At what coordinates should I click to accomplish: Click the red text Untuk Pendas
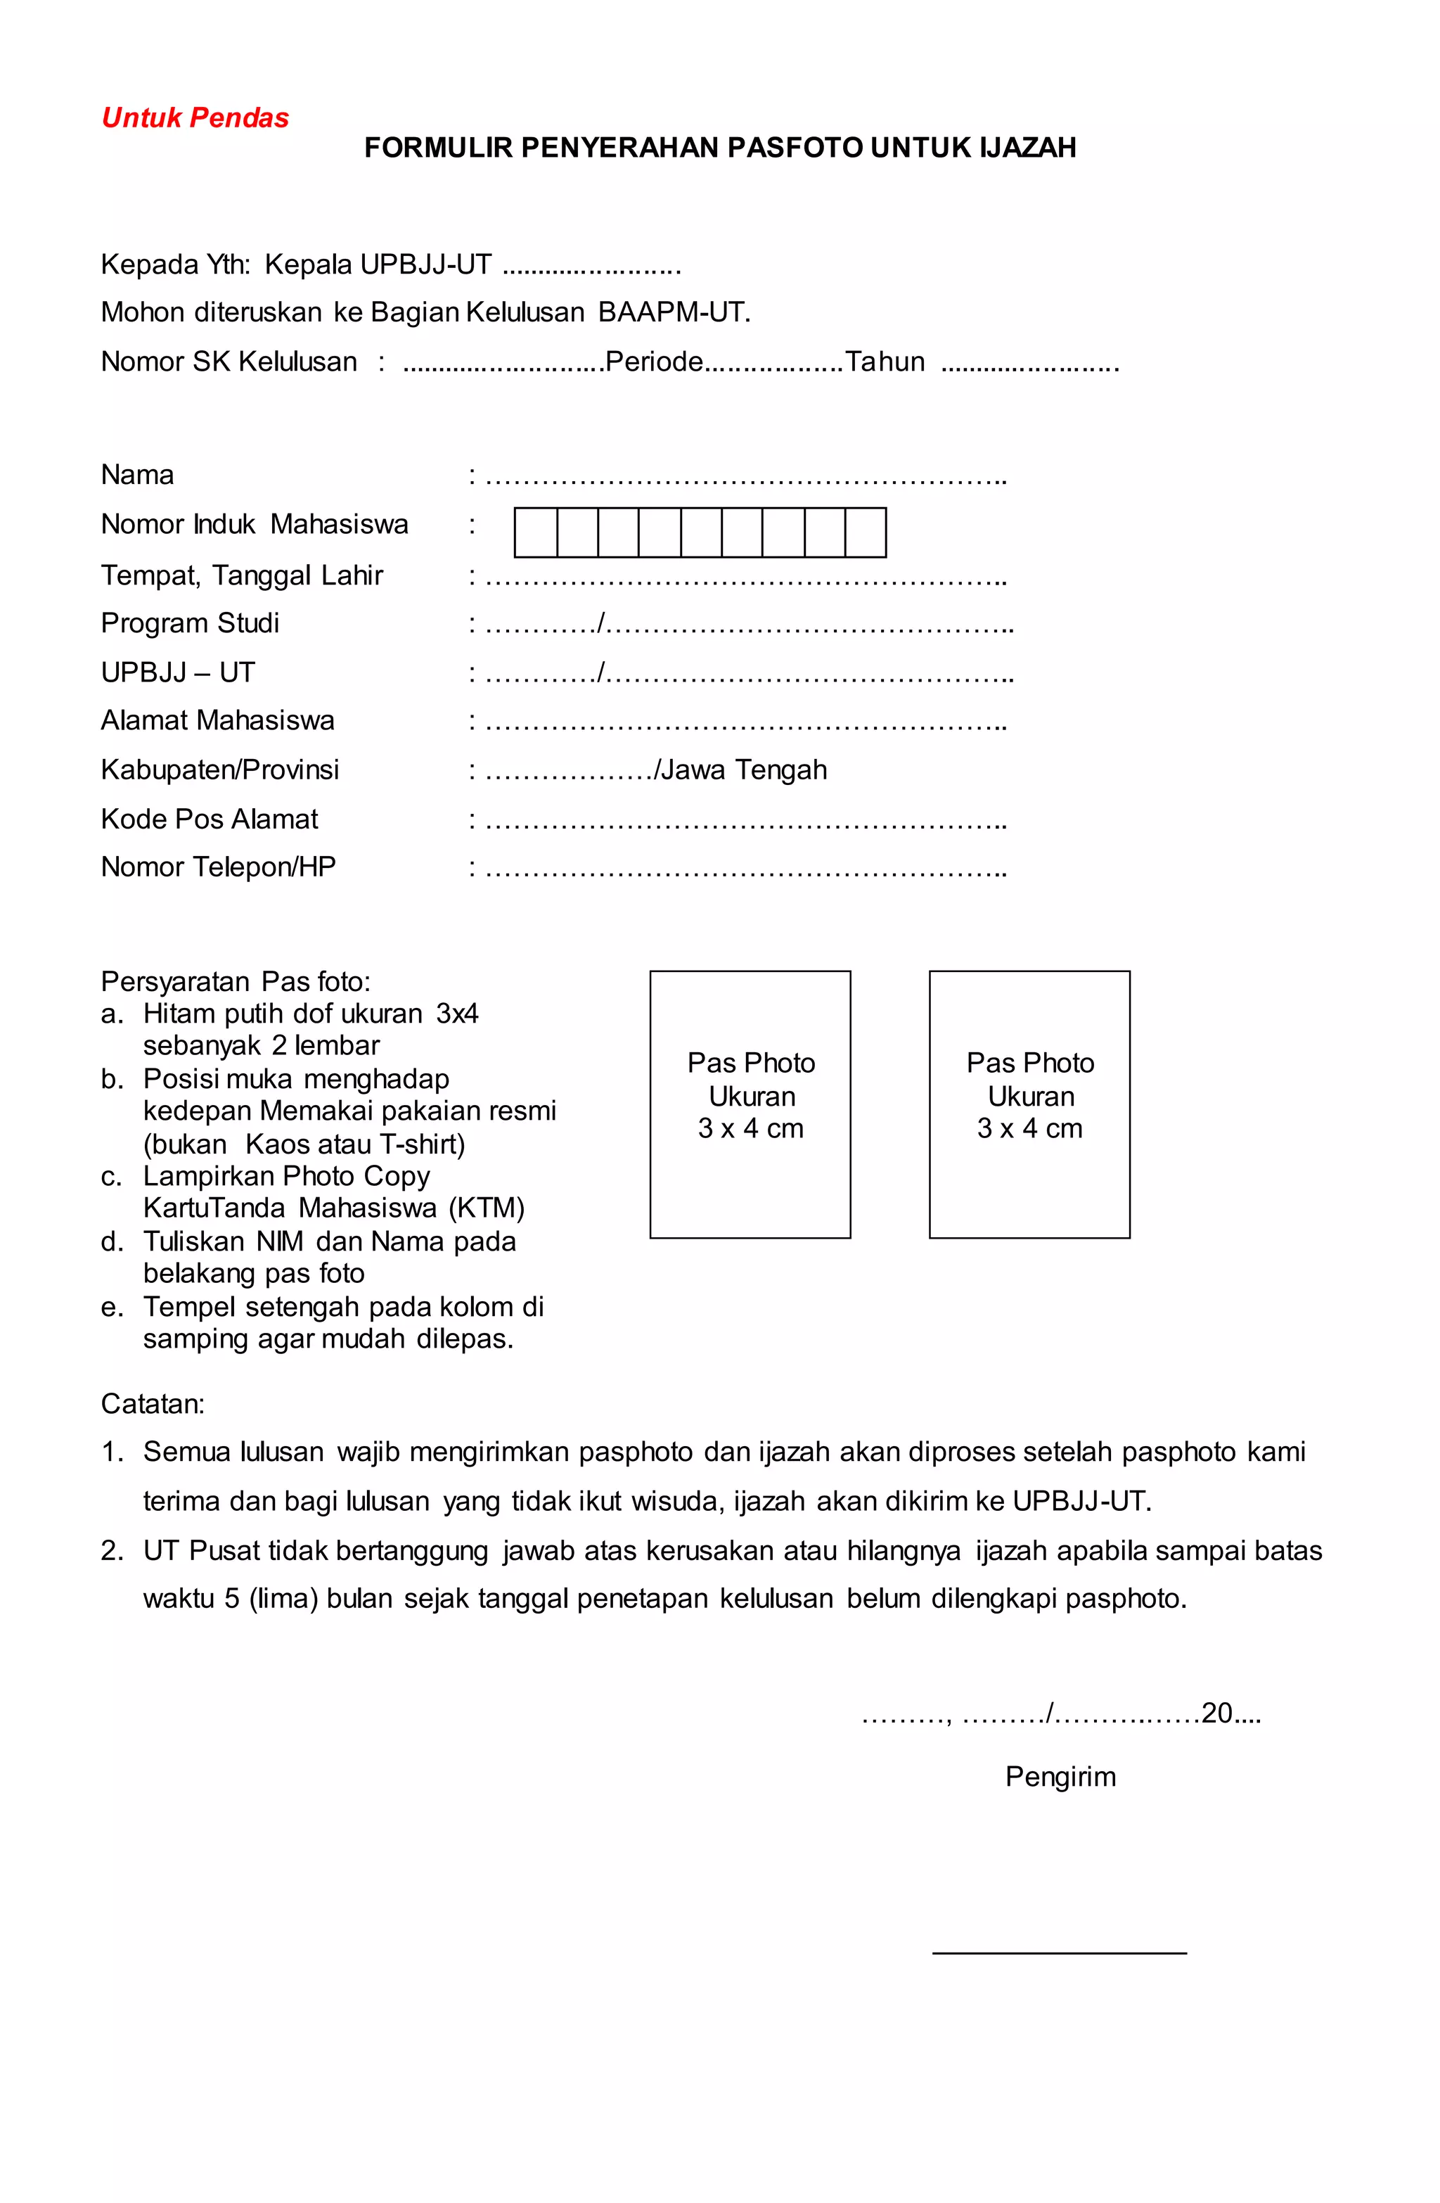pyautogui.click(x=195, y=117)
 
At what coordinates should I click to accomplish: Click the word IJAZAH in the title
pyautogui.click(x=1027, y=148)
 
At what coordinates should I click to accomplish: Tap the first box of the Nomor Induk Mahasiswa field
pyautogui.click(x=535, y=532)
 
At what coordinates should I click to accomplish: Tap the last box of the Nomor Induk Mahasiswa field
pyautogui.click(x=866, y=532)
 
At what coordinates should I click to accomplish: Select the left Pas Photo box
pyautogui.click(x=750, y=1104)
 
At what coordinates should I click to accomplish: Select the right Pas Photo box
pyautogui.click(x=1029, y=1104)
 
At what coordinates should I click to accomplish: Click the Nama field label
pyautogui.click(x=137, y=475)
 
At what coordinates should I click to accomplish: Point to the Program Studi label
pyautogui.click(x=190, y=623)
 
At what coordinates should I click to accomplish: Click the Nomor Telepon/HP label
pyautogui.click(x=219, y=867)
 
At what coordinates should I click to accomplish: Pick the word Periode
pyautogui.click(x=655, y=362)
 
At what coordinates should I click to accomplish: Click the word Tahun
pyautogui.click(x=885, y=362)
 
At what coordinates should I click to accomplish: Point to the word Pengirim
pyautogui.click(x=1060, y=1776)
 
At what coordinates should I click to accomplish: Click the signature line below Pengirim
pyautogui.click(x=1059, y=1952)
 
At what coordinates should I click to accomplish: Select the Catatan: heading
pyautogui.click(x=153, y=1403)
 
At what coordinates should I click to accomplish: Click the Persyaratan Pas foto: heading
pyautogui.click(x=235, y=981)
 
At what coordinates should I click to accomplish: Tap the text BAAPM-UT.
pyautogui.click(x=674, y=312)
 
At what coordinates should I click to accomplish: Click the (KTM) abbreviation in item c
pyautogui.click(x=487, y=1208)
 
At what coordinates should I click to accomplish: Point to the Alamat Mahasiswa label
pyautogui.click(x=217, y=720)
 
